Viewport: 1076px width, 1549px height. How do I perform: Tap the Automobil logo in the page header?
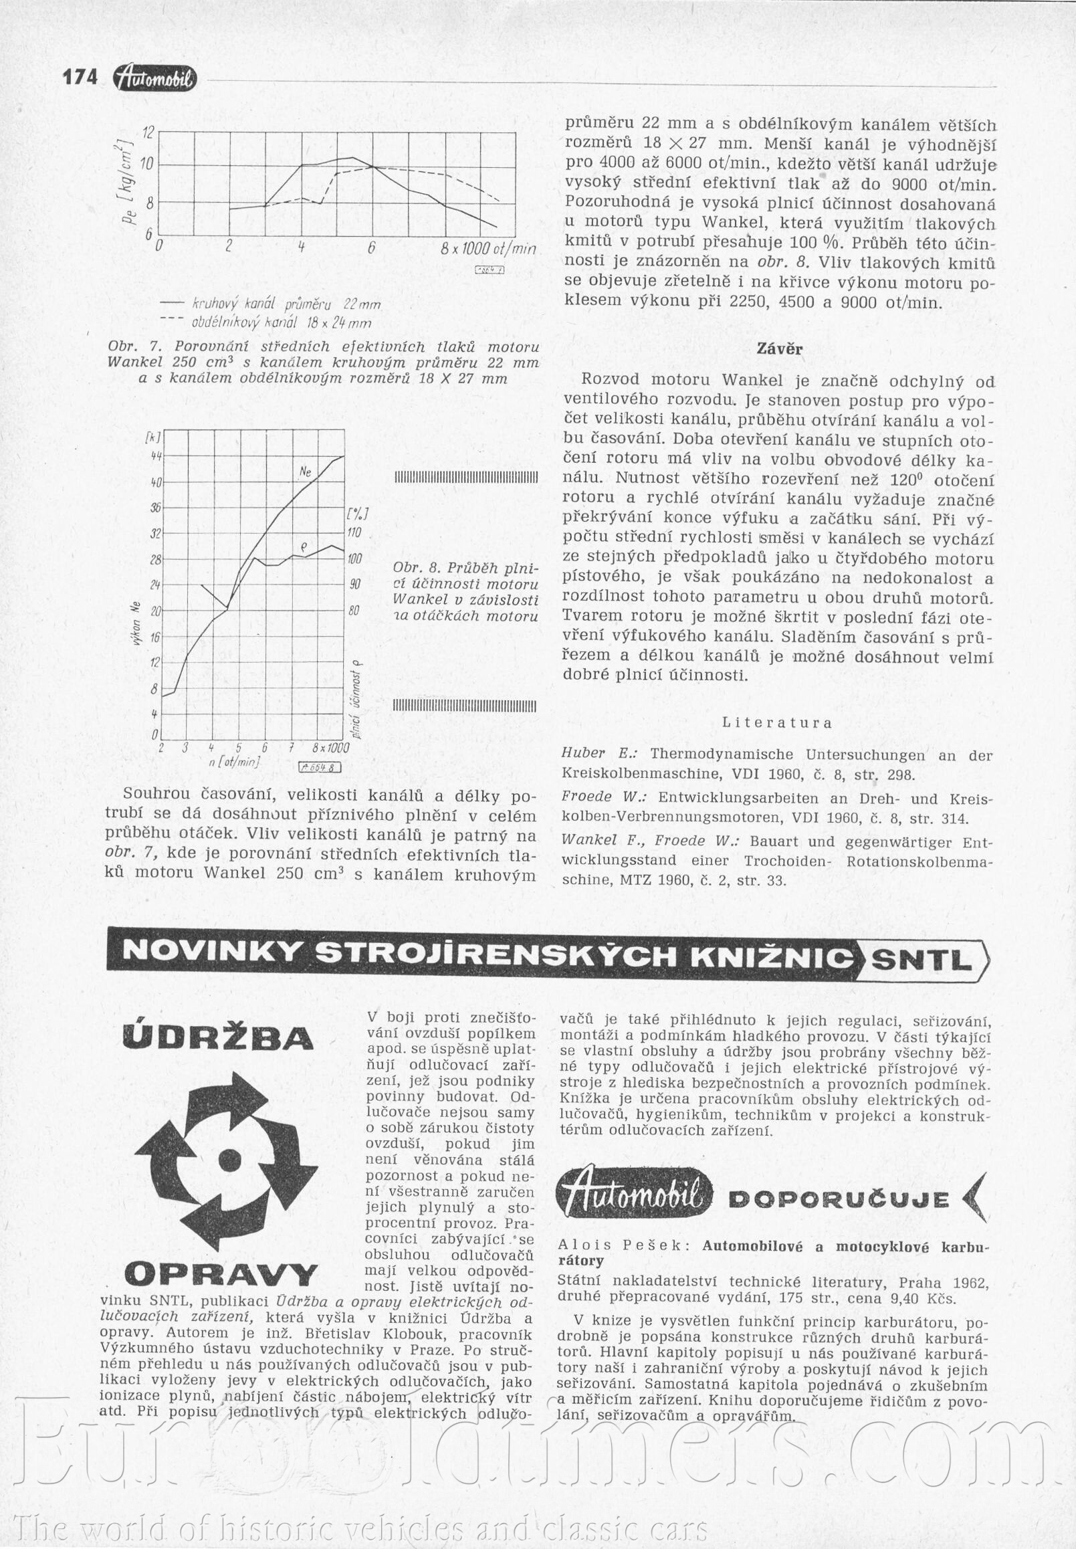(156, 79)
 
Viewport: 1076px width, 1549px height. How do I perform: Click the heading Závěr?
(779, 349)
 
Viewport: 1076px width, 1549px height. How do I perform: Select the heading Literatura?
(776, 722)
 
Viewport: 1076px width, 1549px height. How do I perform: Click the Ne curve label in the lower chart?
(305, 473)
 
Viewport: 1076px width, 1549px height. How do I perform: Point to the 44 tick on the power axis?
(155, 456)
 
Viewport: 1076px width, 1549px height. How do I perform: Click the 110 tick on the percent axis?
(355, 532)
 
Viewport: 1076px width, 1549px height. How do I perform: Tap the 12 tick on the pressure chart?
(150, 132)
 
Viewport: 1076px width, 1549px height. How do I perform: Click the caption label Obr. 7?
(133, 347)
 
